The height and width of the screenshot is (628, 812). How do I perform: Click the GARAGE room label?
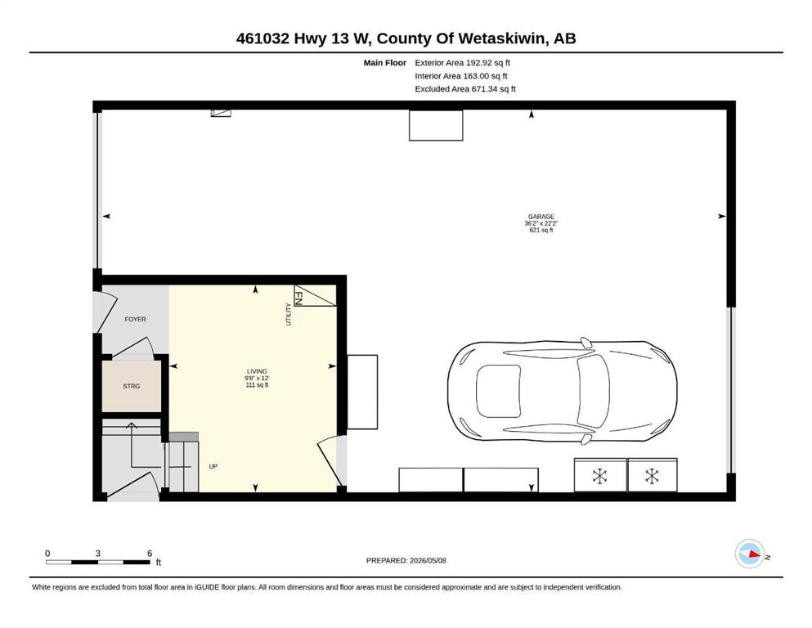pos(541,217)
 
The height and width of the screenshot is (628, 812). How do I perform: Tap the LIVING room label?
pos(257,371)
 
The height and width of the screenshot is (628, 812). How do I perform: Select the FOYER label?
pos(135,320)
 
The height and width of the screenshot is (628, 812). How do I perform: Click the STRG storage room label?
pos(131,386)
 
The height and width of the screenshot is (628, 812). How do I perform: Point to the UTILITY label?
pos(289,314)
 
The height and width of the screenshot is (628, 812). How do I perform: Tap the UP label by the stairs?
pos(213,466)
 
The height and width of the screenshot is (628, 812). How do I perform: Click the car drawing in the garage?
pos(563,392)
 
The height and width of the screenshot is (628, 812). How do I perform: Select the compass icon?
pos(750,554)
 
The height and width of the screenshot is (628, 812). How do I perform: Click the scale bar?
pos(98,562)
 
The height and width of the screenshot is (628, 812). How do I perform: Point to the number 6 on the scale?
pos(150,553)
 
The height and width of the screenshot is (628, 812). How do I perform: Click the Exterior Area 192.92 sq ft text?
pos(463,63)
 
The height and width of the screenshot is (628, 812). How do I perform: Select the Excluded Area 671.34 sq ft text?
pos(465,89)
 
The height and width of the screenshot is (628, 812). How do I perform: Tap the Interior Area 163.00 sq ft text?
pos(461,76)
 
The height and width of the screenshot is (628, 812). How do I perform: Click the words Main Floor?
pos(385,63)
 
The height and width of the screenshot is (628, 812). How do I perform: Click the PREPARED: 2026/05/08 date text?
pos(406,560)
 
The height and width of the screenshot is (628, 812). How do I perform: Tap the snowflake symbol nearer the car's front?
pos(652,476)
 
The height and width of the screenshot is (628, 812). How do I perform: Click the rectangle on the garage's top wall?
pos(436,125)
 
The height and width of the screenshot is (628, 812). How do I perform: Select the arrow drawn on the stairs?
pos(132,446)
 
